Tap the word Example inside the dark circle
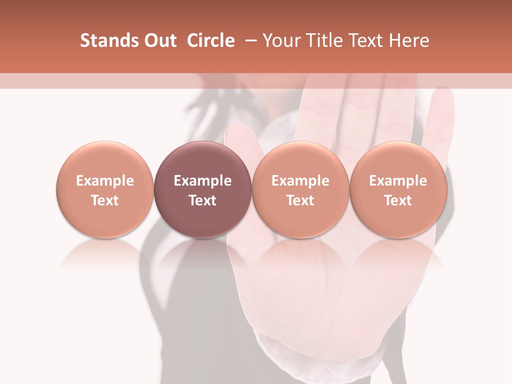click(x=203, y=181)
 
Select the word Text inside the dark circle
click(x=203, y=201)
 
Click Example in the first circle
click(x=105, y=181)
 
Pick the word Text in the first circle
click(x=105, y=201)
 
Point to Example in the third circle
click(x=300, y=181)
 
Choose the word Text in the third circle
click(x=300, y=201)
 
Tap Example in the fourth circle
click(x=398, y=181)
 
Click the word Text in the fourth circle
click(x=398, y=201)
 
